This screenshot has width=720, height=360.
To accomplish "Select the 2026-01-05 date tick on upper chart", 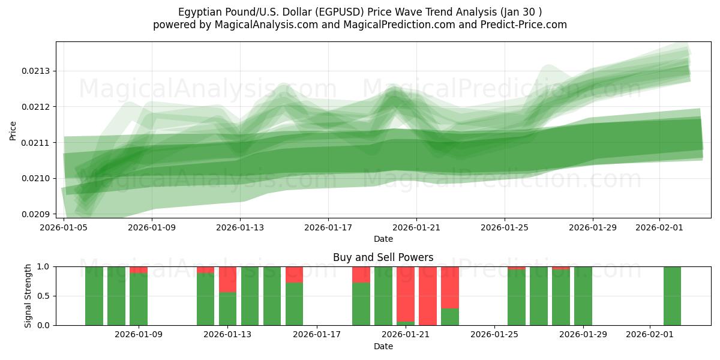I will [x=64, y=227].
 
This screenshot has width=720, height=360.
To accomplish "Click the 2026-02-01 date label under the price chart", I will [x=659, y=227].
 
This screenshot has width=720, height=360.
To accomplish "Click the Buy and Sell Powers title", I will [x=383, y=257].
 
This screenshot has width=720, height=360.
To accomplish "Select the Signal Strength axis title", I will [x=28, y=296].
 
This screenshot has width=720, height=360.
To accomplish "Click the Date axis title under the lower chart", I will [x=383, y=346].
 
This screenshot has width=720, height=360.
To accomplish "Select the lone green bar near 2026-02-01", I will [x=672, y=296].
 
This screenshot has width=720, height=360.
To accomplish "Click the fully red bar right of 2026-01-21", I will [x=428, y=296].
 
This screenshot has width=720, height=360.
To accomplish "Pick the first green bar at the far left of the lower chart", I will [x=94, y=296].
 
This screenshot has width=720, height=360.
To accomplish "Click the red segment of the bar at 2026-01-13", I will [x=227, y=279].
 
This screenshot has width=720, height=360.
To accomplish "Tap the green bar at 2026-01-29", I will [x=583, y=296].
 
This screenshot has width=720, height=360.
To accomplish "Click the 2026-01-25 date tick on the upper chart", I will [x=504, y=227].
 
